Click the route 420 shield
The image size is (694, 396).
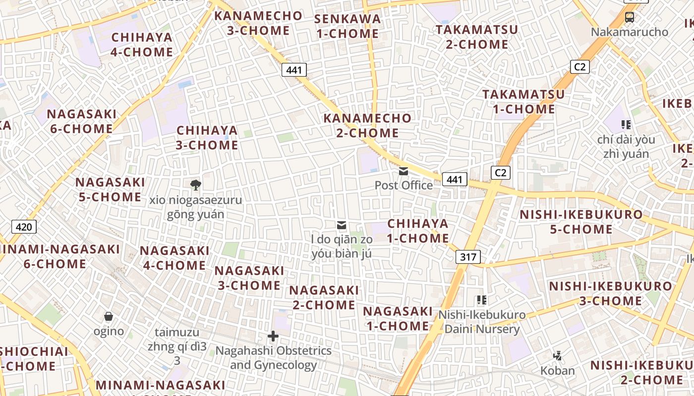(23, 227)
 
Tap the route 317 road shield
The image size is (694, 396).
(467, 257)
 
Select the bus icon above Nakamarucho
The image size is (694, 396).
(629, 17)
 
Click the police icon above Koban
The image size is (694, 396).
(557, 355)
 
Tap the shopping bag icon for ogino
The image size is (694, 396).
(109, 316)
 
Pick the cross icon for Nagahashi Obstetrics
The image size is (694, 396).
(273, 337)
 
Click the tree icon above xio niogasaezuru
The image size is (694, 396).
(196, 185)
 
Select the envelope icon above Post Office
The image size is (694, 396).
(404, 171)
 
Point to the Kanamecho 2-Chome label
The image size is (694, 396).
(367, 125)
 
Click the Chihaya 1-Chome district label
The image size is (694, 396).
(417, 231)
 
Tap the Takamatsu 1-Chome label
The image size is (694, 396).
(523, 101)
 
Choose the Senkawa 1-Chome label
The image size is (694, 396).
(347, 26)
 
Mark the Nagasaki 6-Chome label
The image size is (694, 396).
(81, 121)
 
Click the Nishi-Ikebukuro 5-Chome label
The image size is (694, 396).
(581, 222)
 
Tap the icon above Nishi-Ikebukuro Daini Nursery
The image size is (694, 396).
(481, 299)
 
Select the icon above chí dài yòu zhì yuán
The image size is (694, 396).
(626, 125)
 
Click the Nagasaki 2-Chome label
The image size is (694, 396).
(324, 297)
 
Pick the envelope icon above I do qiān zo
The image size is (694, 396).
(342, 226)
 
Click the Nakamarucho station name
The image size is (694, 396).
(629, 32)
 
